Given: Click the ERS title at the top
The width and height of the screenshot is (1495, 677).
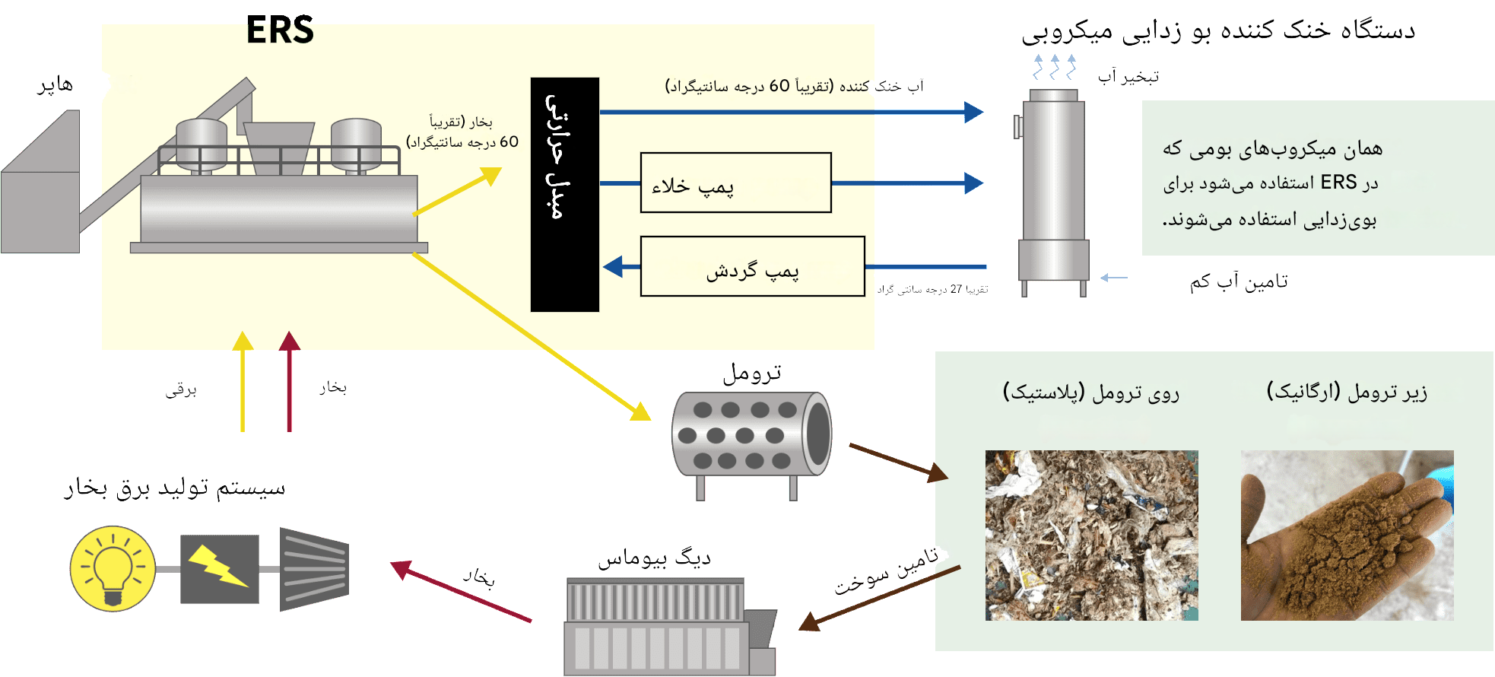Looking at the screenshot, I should click(x=280, y=30).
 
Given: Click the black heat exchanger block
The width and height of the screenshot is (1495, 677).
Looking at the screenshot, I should click(x=564, y=194).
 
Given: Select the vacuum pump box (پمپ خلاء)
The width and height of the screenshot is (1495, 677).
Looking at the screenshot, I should click(x=735, y=183).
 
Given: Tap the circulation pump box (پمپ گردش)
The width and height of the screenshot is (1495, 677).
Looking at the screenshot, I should click(x=752, y=266).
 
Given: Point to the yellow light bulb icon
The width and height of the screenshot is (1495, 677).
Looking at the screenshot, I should click(x=113, y=568).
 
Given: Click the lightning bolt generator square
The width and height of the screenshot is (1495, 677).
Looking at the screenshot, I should click(x=219, y=569).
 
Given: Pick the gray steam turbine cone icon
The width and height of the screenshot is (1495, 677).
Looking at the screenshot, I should click(x=314, y=569).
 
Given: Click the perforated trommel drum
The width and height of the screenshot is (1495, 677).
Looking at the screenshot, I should click(x=751, y=435).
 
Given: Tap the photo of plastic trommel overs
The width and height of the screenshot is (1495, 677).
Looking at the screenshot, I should click(x=1091, y=535).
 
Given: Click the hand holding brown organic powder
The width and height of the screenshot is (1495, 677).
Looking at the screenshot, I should click(x=1347, y=535).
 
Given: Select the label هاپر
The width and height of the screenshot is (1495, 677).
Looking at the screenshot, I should click(x=56, y=84).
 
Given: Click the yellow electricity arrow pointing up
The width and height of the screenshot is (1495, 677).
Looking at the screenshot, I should click(x=243, y=380).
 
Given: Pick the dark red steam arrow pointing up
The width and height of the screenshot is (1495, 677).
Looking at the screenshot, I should click(x=289, y=380).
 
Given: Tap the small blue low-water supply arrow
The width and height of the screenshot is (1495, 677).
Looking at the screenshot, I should click(x=1113, y=278).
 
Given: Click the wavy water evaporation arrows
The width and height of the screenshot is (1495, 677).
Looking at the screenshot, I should click(x=1054, y=67).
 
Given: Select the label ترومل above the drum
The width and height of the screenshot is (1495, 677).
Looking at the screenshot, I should click(x=751, y=373).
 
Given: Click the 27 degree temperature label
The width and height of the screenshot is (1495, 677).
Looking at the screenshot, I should click(x=932, y=290).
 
